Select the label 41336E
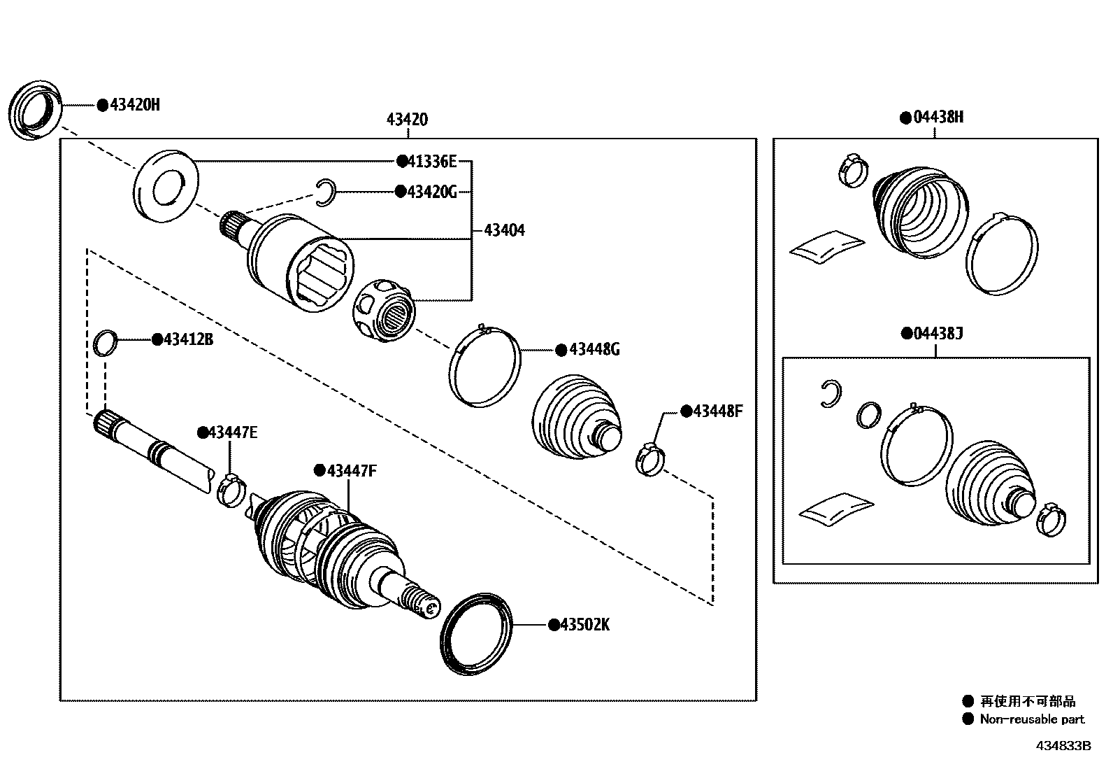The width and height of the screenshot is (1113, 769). tap(431, 162)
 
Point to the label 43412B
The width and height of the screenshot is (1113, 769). tap(187, 339)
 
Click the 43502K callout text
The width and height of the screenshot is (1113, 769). tap(584, 625)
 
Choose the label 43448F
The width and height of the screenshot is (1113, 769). tap(717, 411)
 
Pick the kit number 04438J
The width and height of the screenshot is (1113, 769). tap(938, 334)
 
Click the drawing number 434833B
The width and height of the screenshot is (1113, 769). tap(1063, 746)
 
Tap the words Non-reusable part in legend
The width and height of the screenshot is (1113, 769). tap(1032, 719)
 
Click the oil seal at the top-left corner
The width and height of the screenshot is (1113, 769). tap(35, 111)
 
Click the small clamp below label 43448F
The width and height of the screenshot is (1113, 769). tap(649, 458)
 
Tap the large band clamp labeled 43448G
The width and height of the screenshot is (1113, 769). tap(484, 365)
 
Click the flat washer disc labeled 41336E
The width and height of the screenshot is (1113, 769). tap(166, 185)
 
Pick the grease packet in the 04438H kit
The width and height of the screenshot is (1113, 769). tap(826, 247)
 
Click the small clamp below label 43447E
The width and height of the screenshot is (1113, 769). tap(230, 488)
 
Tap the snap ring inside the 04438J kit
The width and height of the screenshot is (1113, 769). tap(830, 393)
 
